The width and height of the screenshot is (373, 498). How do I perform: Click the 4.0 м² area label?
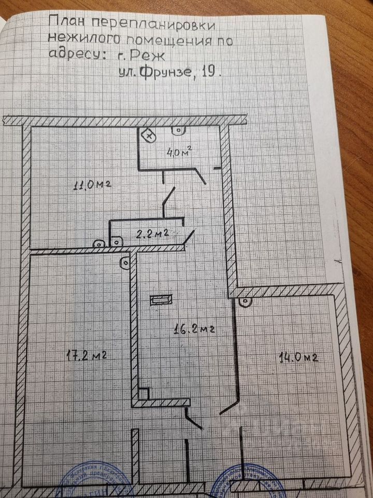coord(178,152)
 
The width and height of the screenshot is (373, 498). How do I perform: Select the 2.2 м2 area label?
coord(152,233)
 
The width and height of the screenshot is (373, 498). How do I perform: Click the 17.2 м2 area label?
coord(87,356)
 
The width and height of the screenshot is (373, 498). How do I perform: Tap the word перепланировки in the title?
coord(154,23)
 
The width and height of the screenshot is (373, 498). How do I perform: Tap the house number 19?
coord(209,73)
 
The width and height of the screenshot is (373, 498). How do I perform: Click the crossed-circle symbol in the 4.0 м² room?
coord(149,135)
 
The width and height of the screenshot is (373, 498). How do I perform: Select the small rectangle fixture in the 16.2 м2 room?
coord(160,300)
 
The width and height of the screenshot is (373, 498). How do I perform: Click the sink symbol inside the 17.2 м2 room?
coord(125,262)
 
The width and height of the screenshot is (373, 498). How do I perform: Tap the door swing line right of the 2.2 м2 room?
coord(190,238)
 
